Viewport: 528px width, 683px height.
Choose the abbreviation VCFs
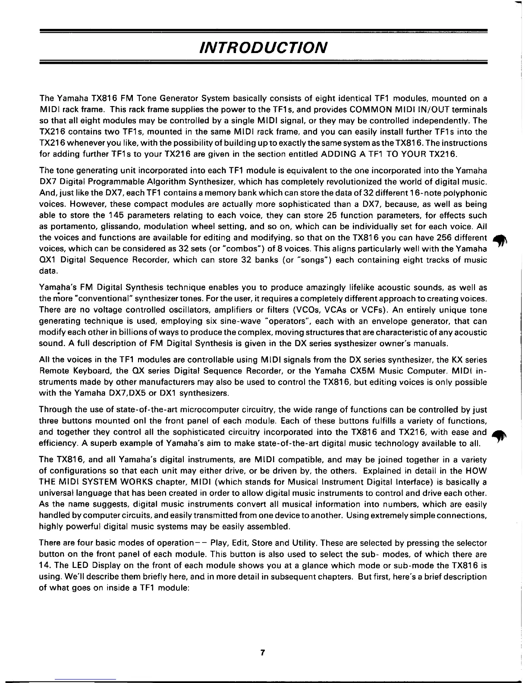point(376,310)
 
